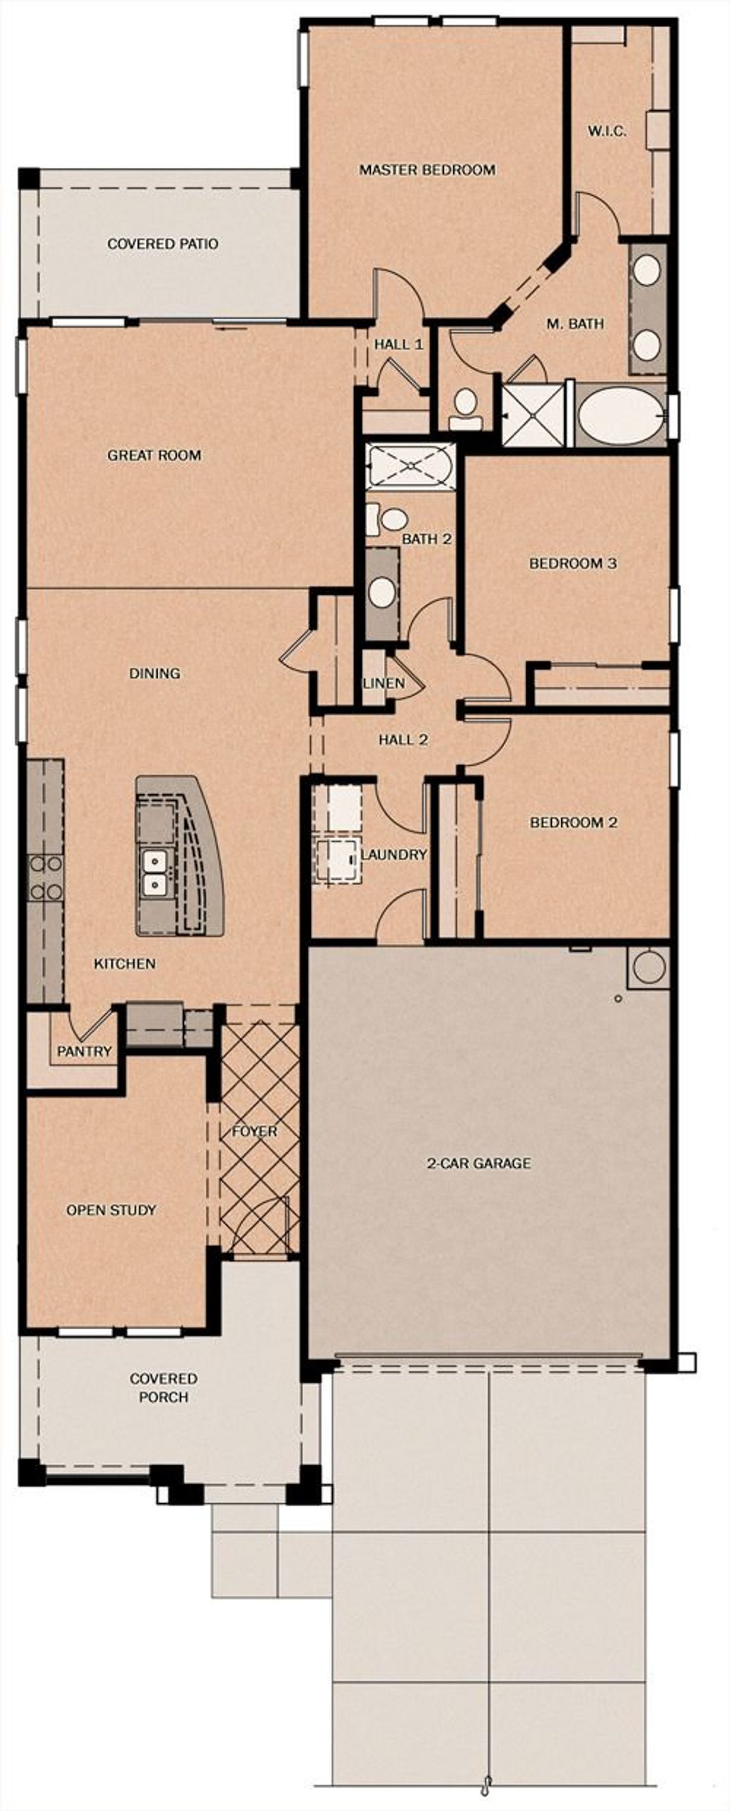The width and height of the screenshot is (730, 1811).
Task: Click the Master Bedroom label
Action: coord(427,170)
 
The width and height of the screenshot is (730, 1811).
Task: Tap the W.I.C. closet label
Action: coord(607,131)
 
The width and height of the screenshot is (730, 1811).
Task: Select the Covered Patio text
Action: coord(163,244)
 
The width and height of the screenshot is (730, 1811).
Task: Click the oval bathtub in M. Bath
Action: coord(620,416)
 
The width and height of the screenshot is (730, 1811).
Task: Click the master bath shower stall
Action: coord(533,415)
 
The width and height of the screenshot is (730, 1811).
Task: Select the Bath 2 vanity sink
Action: coord(383,592)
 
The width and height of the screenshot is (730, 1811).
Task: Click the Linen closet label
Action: coord(384,683)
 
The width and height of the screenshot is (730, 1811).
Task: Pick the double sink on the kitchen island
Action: coord(154,872)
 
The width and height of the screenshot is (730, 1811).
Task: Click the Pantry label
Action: coord(84,1051)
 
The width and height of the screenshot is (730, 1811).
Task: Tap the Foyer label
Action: coord(254,1131)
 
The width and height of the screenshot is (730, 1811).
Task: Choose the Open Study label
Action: coord(111,1210)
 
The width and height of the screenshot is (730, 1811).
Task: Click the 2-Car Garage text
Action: coord(479,1163)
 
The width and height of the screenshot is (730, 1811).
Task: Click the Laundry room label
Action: coord(394,855)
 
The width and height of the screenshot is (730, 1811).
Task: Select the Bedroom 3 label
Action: coord(573,563)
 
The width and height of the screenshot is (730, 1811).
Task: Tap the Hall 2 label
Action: coord(403,739)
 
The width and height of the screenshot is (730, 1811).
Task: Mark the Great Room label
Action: coord(154,456)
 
